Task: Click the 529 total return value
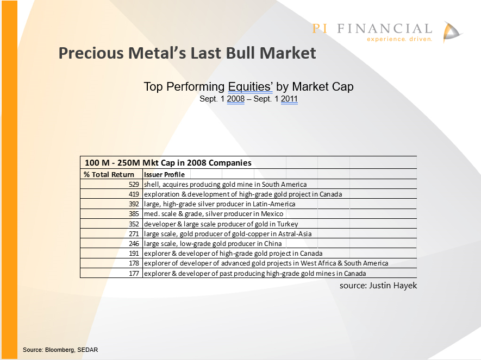point(134,185)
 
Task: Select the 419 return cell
point(134,194)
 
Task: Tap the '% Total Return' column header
point(109,174)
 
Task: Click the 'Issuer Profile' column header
point(165,175)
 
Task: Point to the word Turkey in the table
point(288,224)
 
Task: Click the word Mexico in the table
point(272,214)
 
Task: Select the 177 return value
point(134,273)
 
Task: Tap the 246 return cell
point(134,244)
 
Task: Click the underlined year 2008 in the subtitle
point(235,99)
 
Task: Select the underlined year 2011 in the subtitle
point(289,99)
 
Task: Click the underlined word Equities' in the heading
point(251,87)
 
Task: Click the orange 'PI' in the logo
point(320,29)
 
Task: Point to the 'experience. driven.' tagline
point(399,39)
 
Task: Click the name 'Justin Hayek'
point(393,286)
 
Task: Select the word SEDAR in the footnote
point(88,350)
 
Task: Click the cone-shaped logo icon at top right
point(451,32)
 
